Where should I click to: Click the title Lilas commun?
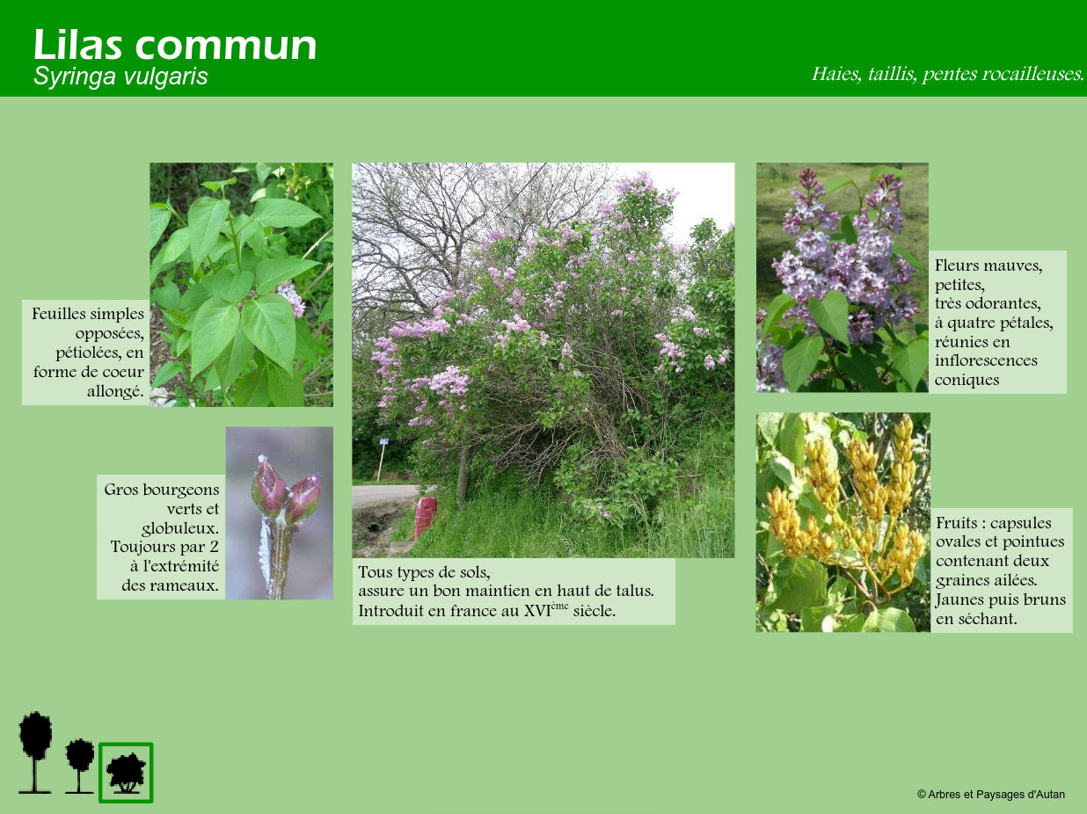175,45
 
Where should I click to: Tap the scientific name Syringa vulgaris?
120,76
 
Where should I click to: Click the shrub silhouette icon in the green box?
127,773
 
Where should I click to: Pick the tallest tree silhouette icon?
34,752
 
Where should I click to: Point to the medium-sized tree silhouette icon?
80,766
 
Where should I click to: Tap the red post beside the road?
425,517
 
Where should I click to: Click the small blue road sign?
384,441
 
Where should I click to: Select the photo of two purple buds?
280,513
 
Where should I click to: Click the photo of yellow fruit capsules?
843,522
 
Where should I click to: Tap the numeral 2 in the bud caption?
214,547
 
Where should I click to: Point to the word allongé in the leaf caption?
115,392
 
